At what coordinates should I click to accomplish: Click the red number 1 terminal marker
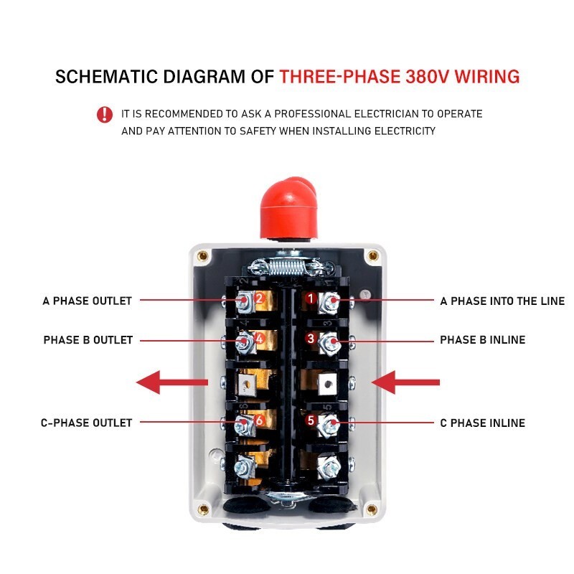tap(311, 298)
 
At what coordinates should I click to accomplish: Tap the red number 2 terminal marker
tap(259, 298)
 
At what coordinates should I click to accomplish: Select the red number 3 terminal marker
tap(311, 338)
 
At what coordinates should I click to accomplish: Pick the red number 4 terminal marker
tap(259, 338)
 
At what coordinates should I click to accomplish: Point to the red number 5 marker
tap(311, 420)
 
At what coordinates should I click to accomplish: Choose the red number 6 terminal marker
tap(259, 420)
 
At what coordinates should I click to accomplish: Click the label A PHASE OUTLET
tap(87, 301)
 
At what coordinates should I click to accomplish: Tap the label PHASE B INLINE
tap(482, 339)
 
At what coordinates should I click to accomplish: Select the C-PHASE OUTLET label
tap(86, 423)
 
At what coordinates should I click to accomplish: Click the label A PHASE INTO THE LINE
tap(502, 301)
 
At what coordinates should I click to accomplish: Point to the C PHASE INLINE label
tap(482, 423)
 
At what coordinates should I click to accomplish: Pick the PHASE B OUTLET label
tap(88, 339)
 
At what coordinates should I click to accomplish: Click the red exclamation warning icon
tap(105, 114)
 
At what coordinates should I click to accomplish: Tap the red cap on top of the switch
tap(288, 209)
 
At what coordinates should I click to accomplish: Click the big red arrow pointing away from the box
tap(172, 382)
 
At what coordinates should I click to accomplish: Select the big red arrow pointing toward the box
tap(405, 382)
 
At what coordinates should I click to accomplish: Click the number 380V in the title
tap(427, 77)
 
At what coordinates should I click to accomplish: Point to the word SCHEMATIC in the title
tap(106, 77)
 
